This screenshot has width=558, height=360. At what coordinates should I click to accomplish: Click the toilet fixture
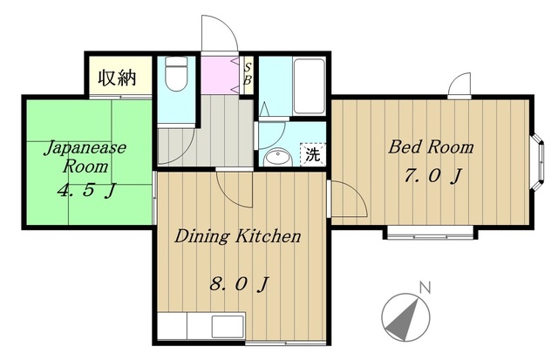pyautogui.click(x=176, y=73)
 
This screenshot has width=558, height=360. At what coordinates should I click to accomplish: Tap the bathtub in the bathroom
pyautogui.click(x=310, y=86)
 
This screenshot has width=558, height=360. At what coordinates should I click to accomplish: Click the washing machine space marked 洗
pyautogui.click(x=313, y=154)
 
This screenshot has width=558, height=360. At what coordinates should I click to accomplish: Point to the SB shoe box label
pyautogui.click(x=248, y=73)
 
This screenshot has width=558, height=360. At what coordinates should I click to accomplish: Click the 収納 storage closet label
pyautogui.click(x=118, y=77)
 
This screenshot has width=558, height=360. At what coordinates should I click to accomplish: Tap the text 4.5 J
pyautogui.click(x=86, y=191)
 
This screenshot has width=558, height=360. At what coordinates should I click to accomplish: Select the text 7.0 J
pyautogui.click(x=432, y=175)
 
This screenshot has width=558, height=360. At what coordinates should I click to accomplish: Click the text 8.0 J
pyautogui.click(x=239, y=284)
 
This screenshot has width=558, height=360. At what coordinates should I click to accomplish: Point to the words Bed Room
pyautogui.click(x=431, y=147)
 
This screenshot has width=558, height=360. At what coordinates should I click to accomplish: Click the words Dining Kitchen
pyautogui.click(x=238, y=236)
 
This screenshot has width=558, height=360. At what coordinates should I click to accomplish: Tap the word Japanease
pyautogui.click(x=85, y=147)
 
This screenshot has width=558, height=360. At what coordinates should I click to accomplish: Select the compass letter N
pyautogui.click(x=425, y=288)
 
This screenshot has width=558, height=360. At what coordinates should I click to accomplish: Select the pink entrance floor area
pyautogui.click(x=220, y=75)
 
